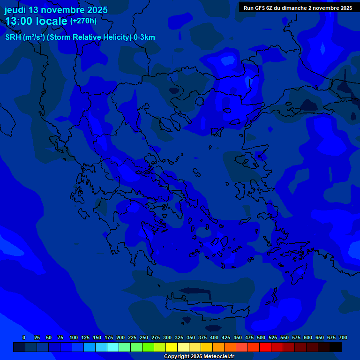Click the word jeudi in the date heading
pos(15,10)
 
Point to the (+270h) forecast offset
pos(83,21)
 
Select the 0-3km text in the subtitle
pos(144,37)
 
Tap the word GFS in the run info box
pos(261,8)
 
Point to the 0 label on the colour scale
pos(24,337)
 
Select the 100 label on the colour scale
pos(74,337)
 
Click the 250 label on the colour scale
pos(144,337)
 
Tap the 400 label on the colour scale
pos(214,337)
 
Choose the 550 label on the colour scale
pos(285,337)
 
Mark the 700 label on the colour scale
pos(343,337)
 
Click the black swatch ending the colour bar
pos(336,347)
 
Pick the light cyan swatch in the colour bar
pos(113,347)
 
